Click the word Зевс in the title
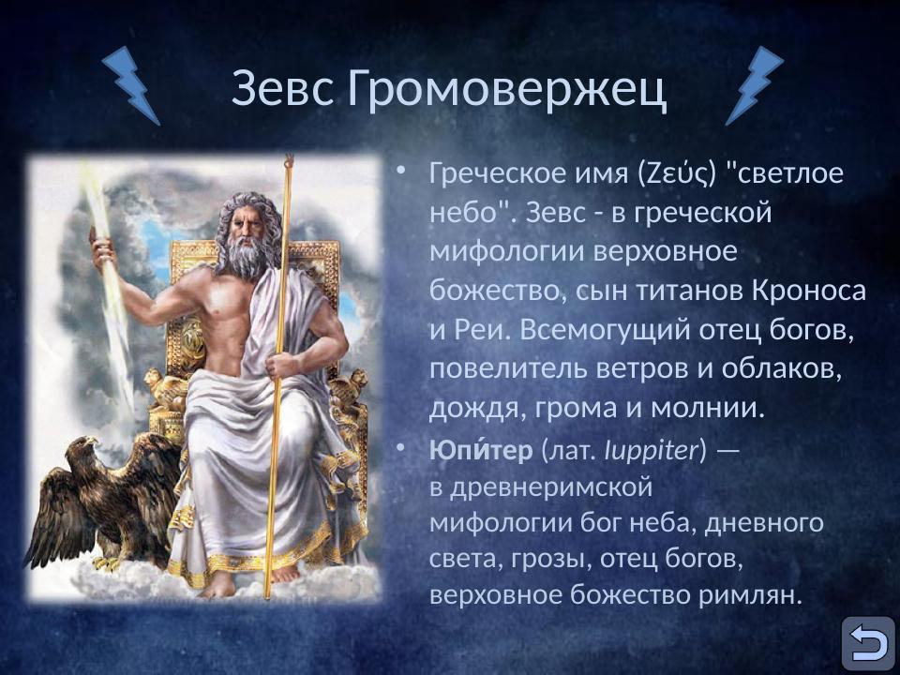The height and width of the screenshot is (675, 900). pos(284,89)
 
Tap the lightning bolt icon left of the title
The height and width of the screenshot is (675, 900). pos(131,85)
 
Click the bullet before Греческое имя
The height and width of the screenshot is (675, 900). pos(401,172)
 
